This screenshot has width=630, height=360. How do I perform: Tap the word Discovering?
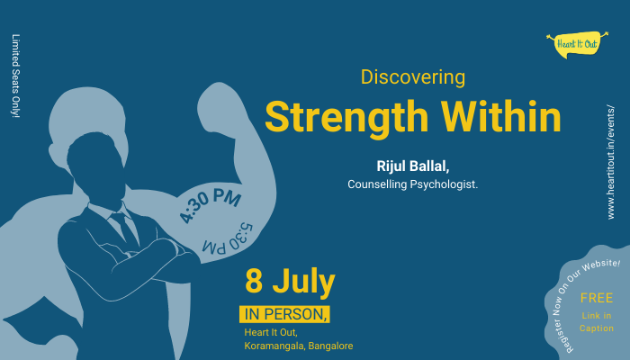(413, 77)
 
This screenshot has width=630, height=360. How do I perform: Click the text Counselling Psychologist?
(413, 184)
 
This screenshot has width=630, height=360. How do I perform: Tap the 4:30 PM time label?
(211, 204)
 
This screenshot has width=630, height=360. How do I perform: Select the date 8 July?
(290, 281)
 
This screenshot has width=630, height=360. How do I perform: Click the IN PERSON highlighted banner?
(284, 314)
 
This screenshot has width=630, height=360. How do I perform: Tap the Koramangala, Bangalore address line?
(298, 346)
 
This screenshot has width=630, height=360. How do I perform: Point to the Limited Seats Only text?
(15, 76)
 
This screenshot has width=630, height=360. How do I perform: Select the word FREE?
(596, 298)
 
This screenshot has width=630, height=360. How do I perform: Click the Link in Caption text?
(596, 321)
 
